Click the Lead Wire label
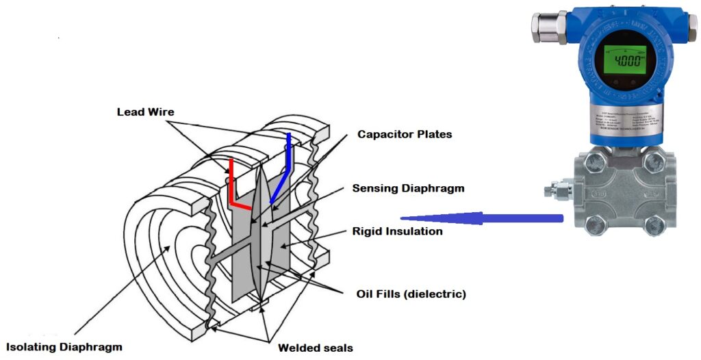pos(146,111)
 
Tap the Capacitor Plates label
pos(405,134)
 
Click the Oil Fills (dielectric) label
pos(411,294)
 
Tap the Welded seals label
pos(315,348)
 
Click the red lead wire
pos(233,185)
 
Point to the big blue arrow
pos(479,218)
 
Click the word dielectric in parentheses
pos(438,294)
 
